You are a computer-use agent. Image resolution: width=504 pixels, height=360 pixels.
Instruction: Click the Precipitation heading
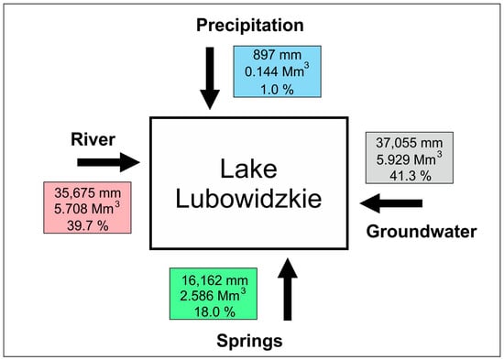pyautogui.click(x=250, y=26)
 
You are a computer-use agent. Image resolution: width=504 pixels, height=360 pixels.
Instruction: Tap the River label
pyautogui.click(x=93, y=139)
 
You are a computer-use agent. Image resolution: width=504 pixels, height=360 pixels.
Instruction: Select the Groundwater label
pyautogui.click(x=422, y=232)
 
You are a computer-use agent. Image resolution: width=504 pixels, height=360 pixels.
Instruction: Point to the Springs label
pyautogui.click(x=249, y=341)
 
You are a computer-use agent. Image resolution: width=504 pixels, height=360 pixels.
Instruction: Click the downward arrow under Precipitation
pyautogui.click(x=210, y=78)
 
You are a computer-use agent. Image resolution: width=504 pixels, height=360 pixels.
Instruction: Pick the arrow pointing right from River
pyautogui.click(x=108, y=162)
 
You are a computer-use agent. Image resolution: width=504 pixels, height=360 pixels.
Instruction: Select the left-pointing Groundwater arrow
pyautogui.click(x=391, y=203)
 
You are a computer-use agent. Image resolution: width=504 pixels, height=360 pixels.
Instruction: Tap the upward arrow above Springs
pyautogui.click(x=288, y=289)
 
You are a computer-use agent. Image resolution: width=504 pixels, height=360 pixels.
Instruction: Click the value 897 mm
pyautogui.click(x=277, y=55)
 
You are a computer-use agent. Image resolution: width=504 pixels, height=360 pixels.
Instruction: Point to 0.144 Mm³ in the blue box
pyautogui.click(x=277, y=71)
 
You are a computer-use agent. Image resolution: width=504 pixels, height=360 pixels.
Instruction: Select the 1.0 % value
pyautogui.click(x=277, y=90)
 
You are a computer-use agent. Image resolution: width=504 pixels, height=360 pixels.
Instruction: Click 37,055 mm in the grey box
pyautogui.click(x=410, y=143)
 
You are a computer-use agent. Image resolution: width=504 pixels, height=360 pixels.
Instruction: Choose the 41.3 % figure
pyautogui.click(x=411, y=176)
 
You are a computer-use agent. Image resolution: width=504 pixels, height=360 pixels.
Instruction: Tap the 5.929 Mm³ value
pyautogui.click(x=410, y=158)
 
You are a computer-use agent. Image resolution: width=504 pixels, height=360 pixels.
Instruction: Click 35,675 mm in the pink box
pyautogui.click(x=87, y=193)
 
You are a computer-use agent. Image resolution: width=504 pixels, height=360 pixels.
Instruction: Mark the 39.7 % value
pyautogui.click(x=87, y=225)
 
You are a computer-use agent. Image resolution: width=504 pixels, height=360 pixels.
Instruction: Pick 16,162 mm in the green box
pyautogui.click(x=214, y=280)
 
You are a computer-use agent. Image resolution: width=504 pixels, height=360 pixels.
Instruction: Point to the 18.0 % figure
pyautogui.click(x=214, y=311)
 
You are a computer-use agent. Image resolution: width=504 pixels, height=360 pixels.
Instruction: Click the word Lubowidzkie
pyautogui.click(x=248, y=200)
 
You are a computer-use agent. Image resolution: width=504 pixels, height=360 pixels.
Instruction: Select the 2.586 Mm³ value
pyautogui.click(x=213, y=295)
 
